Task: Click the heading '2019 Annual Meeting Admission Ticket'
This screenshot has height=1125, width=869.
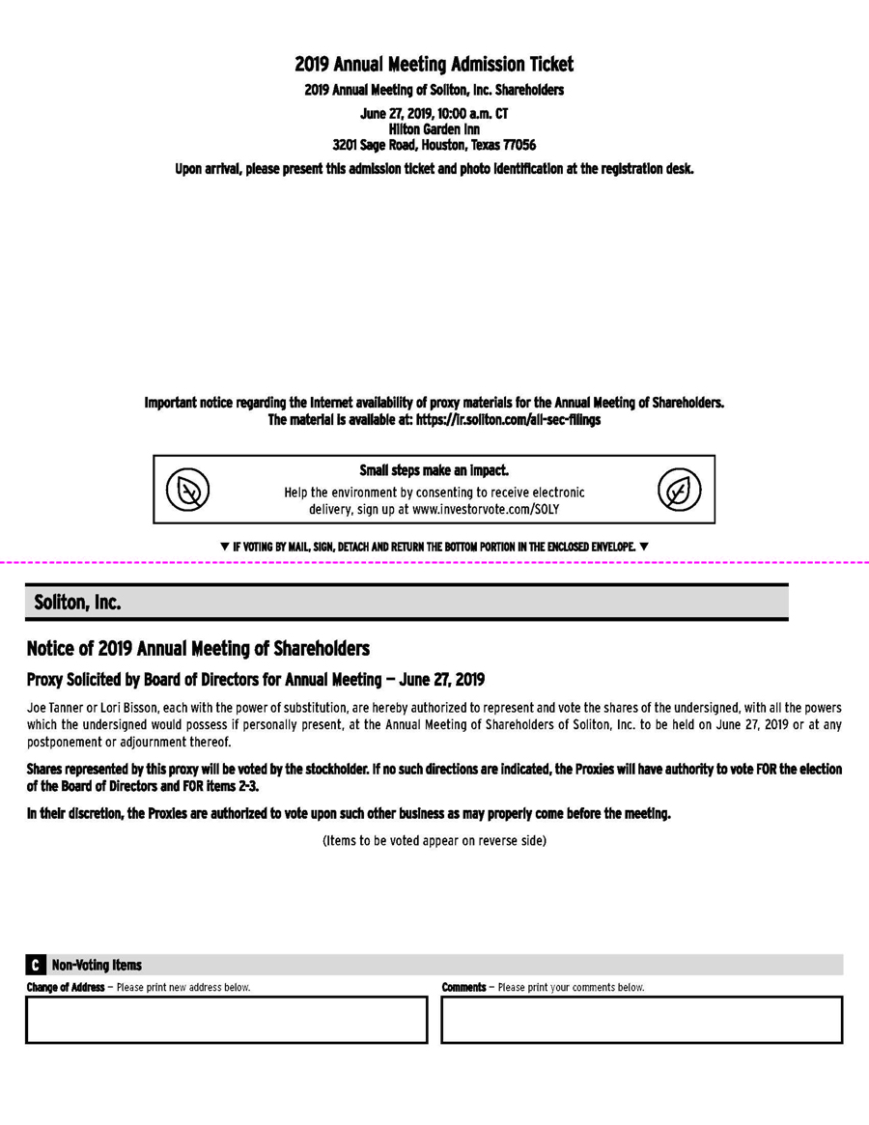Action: [x=434, y=65]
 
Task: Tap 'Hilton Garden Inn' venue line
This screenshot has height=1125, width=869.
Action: [x=434, y=128]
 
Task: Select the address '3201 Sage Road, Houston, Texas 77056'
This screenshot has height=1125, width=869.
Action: [x=434, y=145]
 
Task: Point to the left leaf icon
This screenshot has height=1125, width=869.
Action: [x=187, y=490]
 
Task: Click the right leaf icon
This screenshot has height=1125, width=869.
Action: [x=680, y=490]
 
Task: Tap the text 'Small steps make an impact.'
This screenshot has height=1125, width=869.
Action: [x=434, y=471]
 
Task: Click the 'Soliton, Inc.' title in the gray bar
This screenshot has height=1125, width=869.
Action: [x=77, y=602]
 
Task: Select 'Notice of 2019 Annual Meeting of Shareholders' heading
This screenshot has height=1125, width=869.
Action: [x=198, y=647]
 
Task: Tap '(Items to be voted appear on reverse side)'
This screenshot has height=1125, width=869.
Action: [x=434, y=841]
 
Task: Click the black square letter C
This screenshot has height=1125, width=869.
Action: [x=35, y=965]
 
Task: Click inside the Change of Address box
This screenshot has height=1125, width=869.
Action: [x=226, y=1020]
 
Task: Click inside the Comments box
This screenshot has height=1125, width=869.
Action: [x=641, y=1020]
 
